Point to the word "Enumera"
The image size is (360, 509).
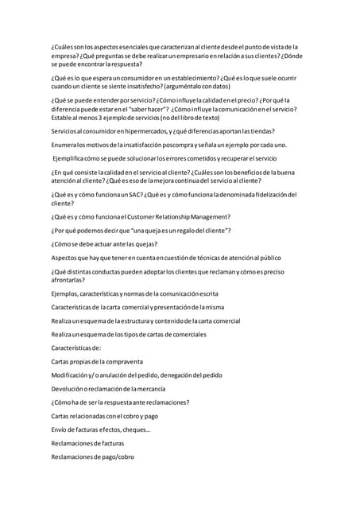(x=65, y=145)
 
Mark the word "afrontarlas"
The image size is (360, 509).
(x=68, y=281)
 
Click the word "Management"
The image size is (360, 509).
(x=203, y=216)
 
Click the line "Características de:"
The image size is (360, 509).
(x=75, y=348)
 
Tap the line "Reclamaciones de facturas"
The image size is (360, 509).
(x=87, y=443)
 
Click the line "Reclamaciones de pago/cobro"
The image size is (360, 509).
(x=92, y=457)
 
